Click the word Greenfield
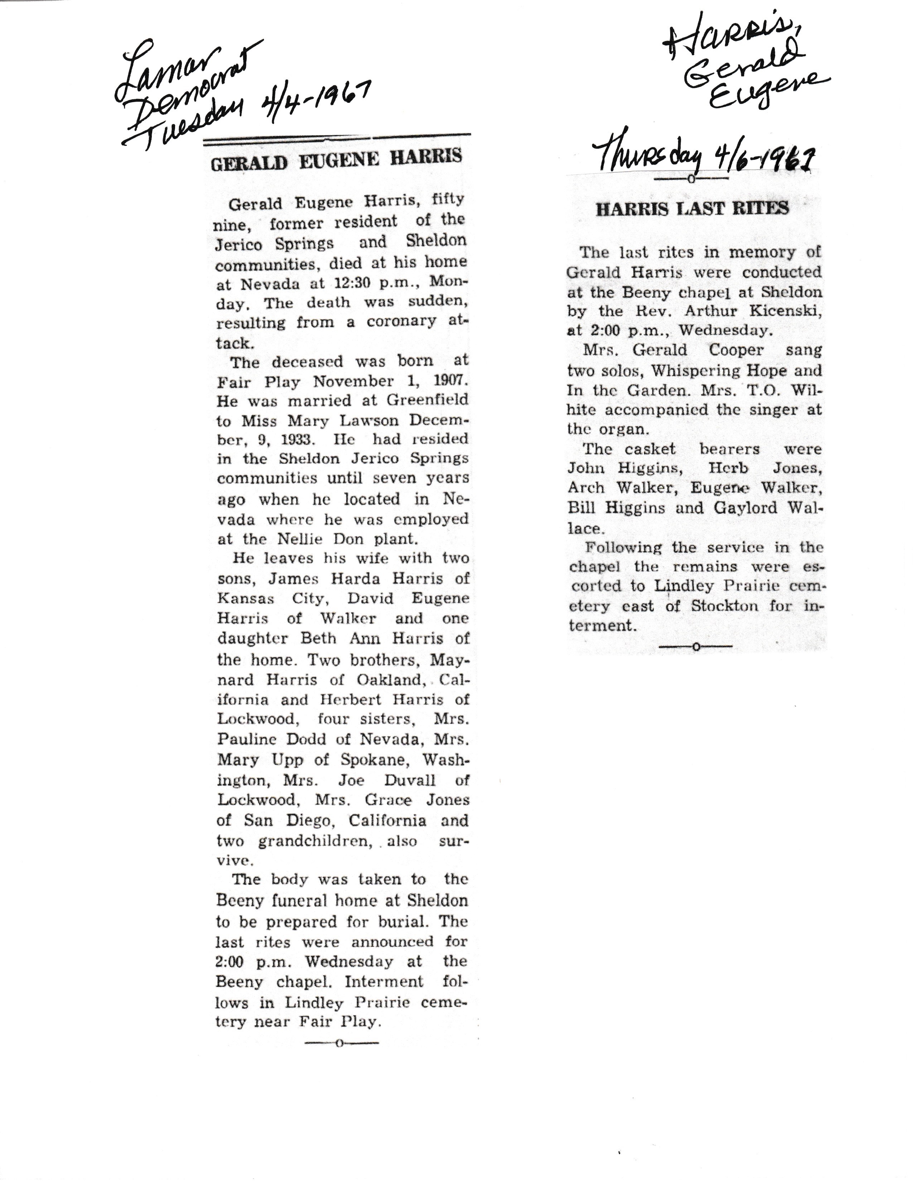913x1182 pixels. click(427, 400)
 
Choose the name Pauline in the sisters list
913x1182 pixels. click(249, 739)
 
